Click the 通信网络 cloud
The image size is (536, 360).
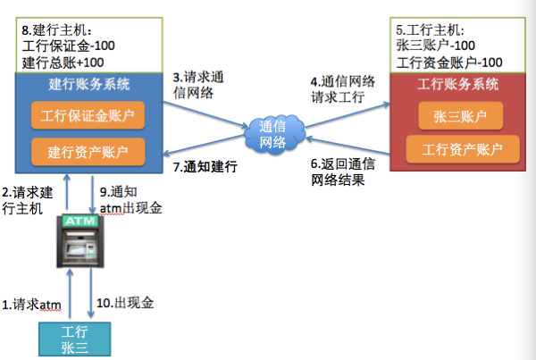click(272, 135)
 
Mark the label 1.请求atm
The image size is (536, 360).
click(31, 305)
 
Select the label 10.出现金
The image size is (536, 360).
click(125, 304)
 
